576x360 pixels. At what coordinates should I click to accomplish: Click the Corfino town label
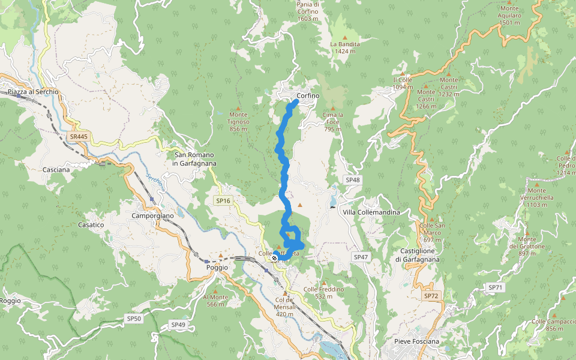[308, 96]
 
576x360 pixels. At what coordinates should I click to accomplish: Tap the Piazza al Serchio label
[34, 92]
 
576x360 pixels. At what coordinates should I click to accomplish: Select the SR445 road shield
[78, 137]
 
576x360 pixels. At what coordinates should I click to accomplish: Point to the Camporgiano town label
[152, 215]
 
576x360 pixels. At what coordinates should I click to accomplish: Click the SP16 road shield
[223, 200]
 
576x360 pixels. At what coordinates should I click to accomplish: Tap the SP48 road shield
[353, 180]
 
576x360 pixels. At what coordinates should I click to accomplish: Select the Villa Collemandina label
[371, 212]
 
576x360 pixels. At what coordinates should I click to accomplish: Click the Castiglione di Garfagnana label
[418, 255]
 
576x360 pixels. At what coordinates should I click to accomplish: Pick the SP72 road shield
[431, 296]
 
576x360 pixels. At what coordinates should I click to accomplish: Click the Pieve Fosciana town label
[416, 341]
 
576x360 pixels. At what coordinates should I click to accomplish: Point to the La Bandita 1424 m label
[345, 47]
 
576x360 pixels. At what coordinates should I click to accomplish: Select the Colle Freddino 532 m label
[323, 292]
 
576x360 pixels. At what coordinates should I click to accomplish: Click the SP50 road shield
[133, 318]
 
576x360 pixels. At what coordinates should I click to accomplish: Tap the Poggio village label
[217, 268]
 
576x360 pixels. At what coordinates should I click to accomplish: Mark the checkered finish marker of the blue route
[275, 257]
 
